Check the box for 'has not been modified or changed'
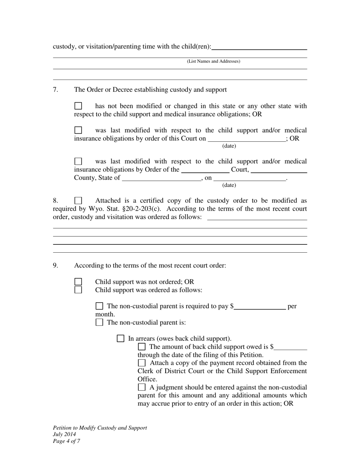pyautogui.click(x=78, y=106)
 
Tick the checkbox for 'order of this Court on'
pyautogui.click(x=78, y=130)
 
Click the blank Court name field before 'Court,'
pyautogui.click(x=205, y=170)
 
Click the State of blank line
pyautogui.click(x=161, y=178)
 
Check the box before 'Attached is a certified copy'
pyautogui.click(x=78, y=201)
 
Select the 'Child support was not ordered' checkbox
pyautogui.click(x=78, y=282)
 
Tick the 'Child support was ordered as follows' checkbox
pyautogui.click(x=78, y=290)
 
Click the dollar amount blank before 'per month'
pyautogui.click(x=260, y=306)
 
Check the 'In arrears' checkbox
pyautogui.click(x=121, y=339)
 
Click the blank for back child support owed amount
pyautogui.click(x=291, y=347)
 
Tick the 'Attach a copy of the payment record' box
pyautogui.click(x=142, y=363)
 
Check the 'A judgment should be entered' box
pyautogui.click(x=142, y=387)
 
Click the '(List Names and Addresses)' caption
pyautogui.click(x=213, y=61)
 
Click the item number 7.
pyautogui.click(x=55, y=90)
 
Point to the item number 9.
pyautogui.click(x=55, y=266)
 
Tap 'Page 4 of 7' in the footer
pyautogui.click(x=66, y=441)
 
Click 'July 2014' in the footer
pyautogui.click(x=64, y=435)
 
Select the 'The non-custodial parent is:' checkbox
pyautogui.click(x=99, y=323)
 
